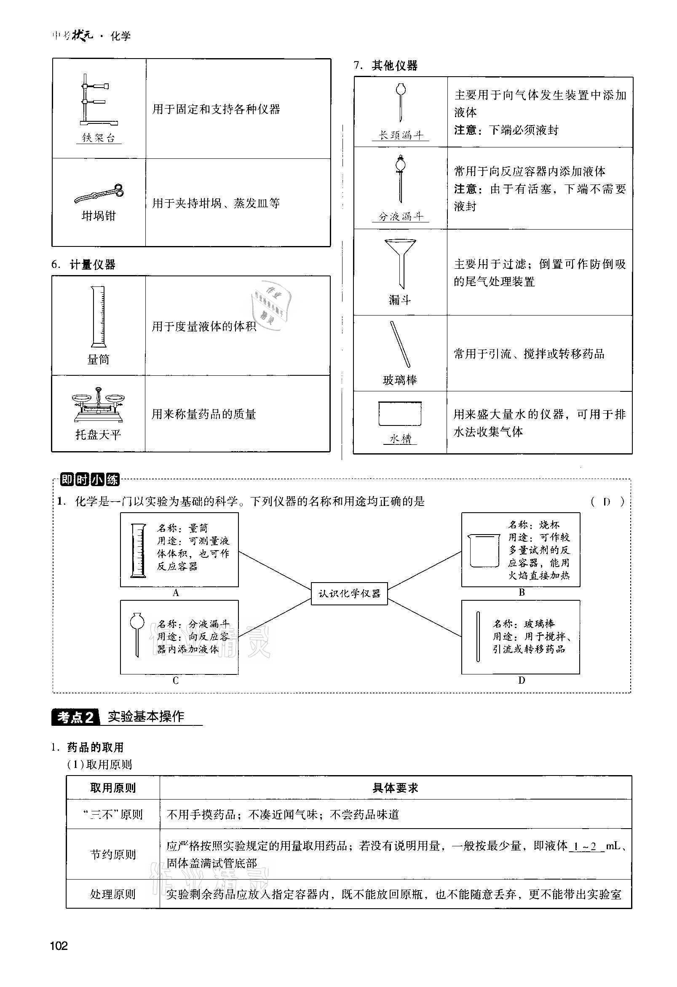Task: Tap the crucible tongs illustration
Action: pos(99,193)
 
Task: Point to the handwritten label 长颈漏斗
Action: pos(401,136)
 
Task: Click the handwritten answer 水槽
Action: pos(400,439)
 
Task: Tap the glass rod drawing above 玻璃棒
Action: pos(400,345)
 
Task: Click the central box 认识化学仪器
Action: pos(349,593)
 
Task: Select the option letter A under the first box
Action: pos(176,593)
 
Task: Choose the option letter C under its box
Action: pos(176,681)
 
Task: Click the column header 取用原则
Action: pos(112,788)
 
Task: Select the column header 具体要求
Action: pos(395,788)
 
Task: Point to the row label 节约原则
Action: pos(112,854)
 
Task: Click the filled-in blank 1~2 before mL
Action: pos(586,846)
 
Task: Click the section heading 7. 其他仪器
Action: pos(385,65)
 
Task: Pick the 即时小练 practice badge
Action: pos(90,480)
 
